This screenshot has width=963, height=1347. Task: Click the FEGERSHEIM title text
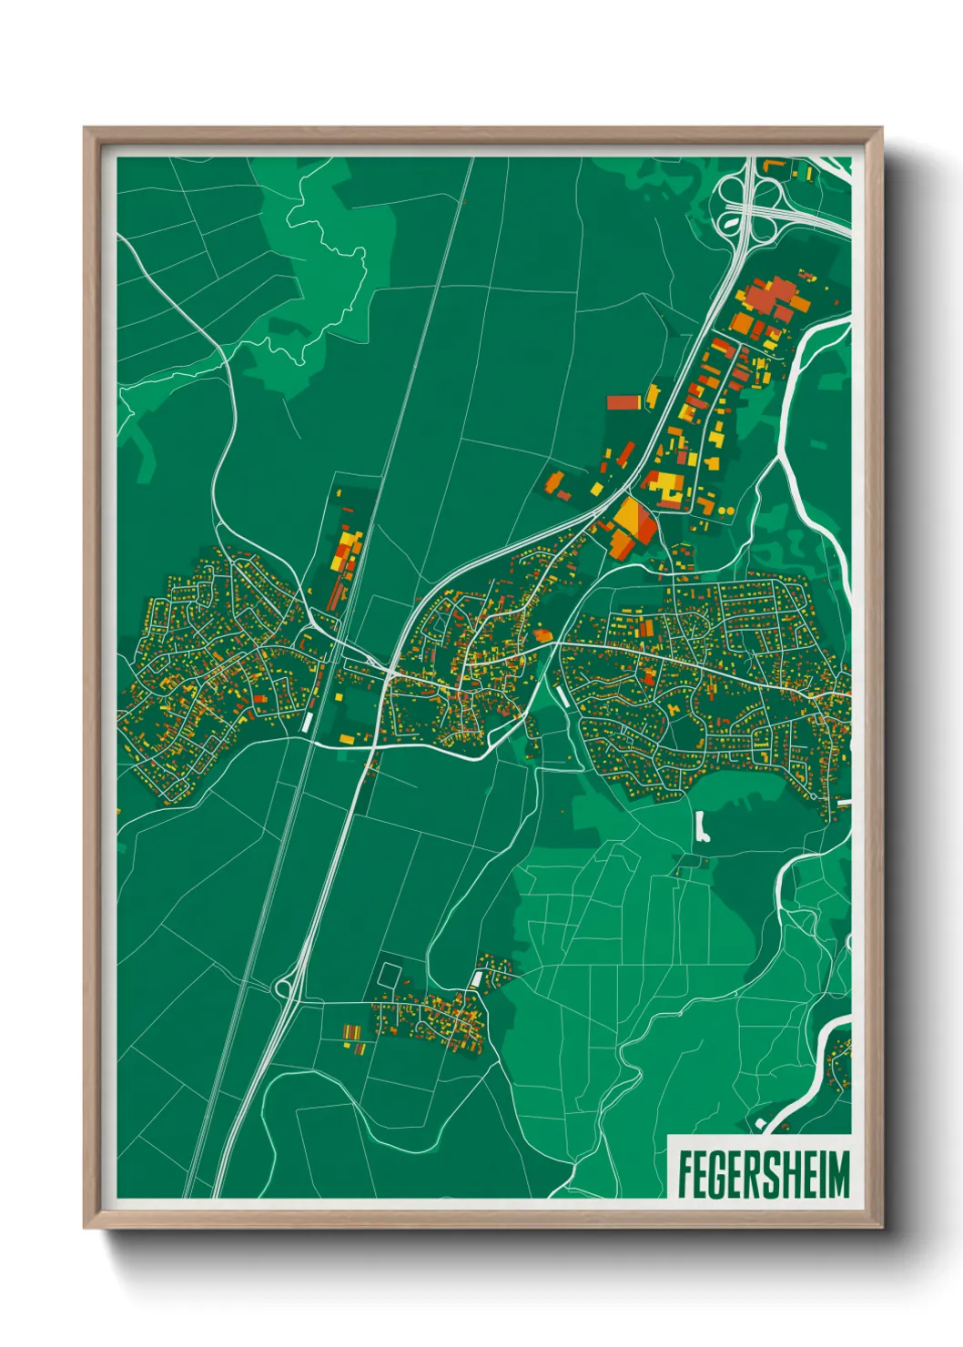click(763, 1174)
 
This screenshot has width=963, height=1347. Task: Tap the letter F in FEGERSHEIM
click(685, 1174)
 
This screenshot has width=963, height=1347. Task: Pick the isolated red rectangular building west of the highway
click(624, 401)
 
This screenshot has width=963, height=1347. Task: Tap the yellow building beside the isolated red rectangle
click(652, 396)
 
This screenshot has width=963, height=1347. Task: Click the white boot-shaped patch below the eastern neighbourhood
click(702, 827)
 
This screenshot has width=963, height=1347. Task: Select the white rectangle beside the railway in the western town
click(308, 721)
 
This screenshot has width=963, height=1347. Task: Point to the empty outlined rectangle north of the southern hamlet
click(389, 973)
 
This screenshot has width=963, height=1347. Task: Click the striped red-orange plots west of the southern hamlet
click(352, 1033)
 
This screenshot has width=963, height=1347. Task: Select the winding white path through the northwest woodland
click(328, 255)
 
